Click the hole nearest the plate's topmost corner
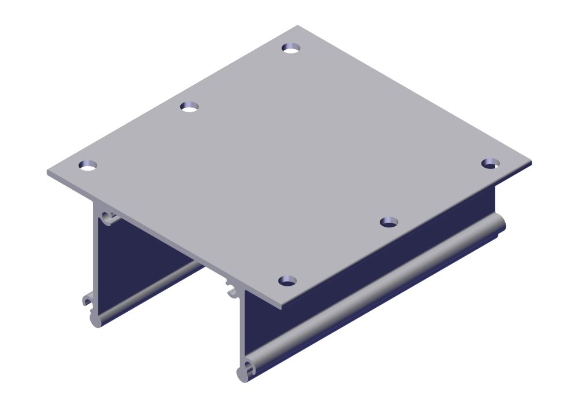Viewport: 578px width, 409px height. (292, 47)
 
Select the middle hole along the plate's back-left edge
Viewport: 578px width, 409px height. (189, 107)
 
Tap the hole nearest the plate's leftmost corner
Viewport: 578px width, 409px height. (88, 166)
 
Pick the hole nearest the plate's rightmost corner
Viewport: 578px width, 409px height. (490, 164)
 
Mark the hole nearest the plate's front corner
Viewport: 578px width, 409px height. (287, 281)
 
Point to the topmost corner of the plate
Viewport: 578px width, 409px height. (298, 26)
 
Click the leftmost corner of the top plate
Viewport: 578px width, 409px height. (48, 172)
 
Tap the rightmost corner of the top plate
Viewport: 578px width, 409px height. (530, 164)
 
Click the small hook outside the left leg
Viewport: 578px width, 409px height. (86, 301)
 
